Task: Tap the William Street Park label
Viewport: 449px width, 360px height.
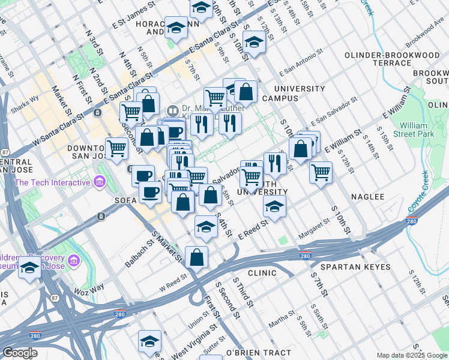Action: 417,130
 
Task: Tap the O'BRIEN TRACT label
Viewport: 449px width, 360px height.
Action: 258,353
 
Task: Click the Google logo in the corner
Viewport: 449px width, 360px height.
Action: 19,353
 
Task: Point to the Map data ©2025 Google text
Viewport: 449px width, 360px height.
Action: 412,355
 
